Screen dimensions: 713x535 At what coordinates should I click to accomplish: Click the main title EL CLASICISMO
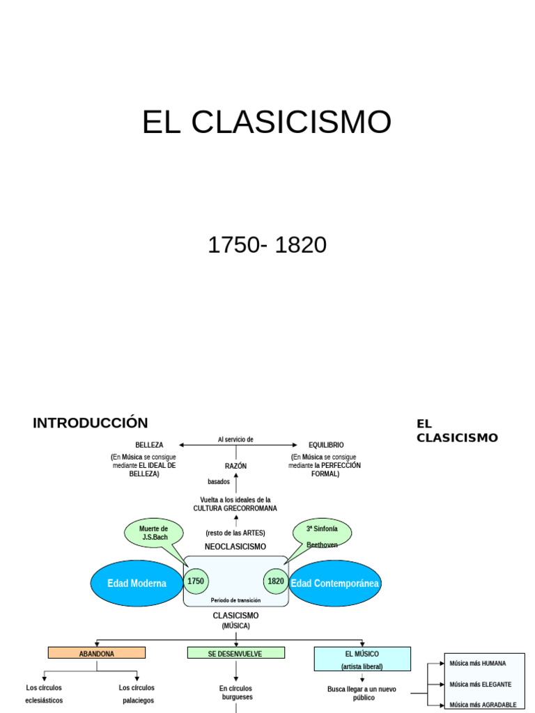pyautogui.click(x=267, y=123)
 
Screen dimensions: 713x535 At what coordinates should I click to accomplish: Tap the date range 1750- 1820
pyautogui.click(x=267, y=245)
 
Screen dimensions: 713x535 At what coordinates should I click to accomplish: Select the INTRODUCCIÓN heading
pyautogui.click(x=91, y=423)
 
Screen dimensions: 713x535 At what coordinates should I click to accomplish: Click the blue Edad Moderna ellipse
pyautogui.click(x=137, y=583)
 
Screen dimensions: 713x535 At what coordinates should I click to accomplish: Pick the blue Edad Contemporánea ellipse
pyautogui.click(x=335, y=583)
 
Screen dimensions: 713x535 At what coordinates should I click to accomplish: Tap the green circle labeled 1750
pyautogui.click(x=196, y=581)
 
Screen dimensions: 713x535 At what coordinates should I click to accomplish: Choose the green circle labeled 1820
pyautogui.click(x=276, y=581)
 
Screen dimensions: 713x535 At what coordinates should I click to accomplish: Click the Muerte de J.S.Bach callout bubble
pyautogui.click(x=154, y=533)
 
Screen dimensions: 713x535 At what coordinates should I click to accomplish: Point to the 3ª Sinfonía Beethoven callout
pyautogui.click(x=322, y=533)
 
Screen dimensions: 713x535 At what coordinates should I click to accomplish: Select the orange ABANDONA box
pyautogui.click(x=97, y=653)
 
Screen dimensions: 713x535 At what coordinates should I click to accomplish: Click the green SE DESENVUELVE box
pyautogui.click(x=235, y=653)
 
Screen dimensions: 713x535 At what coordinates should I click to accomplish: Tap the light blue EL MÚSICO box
pyautogui.click(x=362, y=659)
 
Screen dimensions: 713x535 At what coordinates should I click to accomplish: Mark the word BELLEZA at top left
pyautogui.click(x=149, y=445)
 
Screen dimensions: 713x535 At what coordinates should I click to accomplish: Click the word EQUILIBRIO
pyautogui.click(x=326, y=445)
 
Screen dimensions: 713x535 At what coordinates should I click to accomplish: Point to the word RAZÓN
pyautogui.click(x=235, y=466)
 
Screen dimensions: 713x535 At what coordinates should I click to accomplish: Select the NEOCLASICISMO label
pyautogui.click(x=235, y=547)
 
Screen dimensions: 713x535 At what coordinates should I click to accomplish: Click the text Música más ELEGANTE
pyautogui.click(x=481, y=684)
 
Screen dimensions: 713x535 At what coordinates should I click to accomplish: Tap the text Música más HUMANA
pyautogui.click(x=478, y=664)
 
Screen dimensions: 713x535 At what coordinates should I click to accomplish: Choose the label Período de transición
pyautogui.click(x=235, y=600)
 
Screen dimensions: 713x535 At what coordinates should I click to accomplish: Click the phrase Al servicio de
pyautogui.click(x=235, y=439)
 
